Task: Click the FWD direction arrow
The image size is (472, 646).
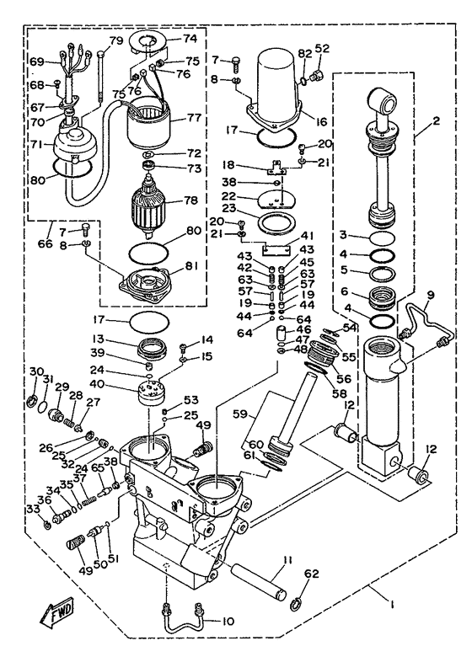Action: coord(56,611)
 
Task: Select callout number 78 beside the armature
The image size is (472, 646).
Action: coord(191,200)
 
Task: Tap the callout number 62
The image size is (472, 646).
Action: coord(312,574)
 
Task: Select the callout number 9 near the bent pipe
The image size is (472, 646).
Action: coord(430,295)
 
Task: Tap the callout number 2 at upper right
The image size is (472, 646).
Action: coord(437,121)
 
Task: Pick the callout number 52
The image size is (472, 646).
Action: coord(322,49)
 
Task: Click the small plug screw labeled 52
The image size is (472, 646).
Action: coord(318,76)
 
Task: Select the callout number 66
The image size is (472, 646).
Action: coord(46,243)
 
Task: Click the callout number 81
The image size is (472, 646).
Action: coord(190,266)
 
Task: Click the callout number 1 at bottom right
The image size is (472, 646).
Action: coord(392,606)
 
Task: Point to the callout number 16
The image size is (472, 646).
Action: coord(321,121)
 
